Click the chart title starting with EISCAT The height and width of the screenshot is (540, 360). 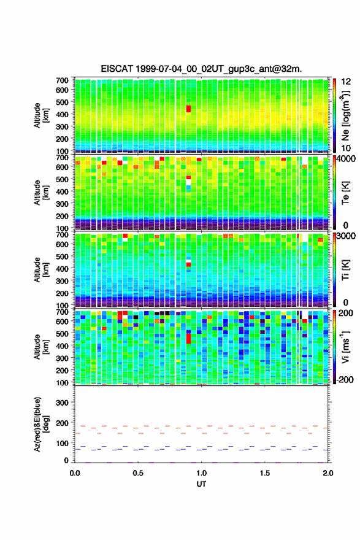(x=201, y=69)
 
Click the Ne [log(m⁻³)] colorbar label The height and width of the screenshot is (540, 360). (x=345, y=115)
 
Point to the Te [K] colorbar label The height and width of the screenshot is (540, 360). (x=345, y=193)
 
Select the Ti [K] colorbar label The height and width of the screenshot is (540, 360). (x=345, y=270)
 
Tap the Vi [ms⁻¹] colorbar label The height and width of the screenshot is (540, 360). (x=345, y=347)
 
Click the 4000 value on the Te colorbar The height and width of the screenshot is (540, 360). (x=346, y=160)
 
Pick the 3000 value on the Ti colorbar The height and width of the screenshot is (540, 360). (x=346, y=236)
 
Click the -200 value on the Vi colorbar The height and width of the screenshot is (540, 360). (x=345, y=379)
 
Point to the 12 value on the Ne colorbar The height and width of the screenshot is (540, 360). (x=346, y=82)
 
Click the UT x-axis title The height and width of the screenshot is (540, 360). (x=201, y=484)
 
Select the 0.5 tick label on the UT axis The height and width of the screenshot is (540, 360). (x=138, y=473)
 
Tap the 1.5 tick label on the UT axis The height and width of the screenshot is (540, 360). (x=265, y=473)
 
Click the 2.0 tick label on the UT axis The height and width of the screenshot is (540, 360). (x=328, y=473)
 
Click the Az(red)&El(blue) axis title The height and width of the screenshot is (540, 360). (x=41, y=424)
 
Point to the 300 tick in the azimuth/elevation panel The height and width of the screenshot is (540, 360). (x=62, y=403)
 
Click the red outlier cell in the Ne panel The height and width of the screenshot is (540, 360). (x=188, y=109)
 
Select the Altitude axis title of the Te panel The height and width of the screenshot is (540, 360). (x=41, y=192)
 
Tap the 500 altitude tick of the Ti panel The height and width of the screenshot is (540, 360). (x=62, y=256)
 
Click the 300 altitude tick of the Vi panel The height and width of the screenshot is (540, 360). (x=62, y=358)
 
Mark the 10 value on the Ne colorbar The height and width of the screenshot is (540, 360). (x=346, y=148)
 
